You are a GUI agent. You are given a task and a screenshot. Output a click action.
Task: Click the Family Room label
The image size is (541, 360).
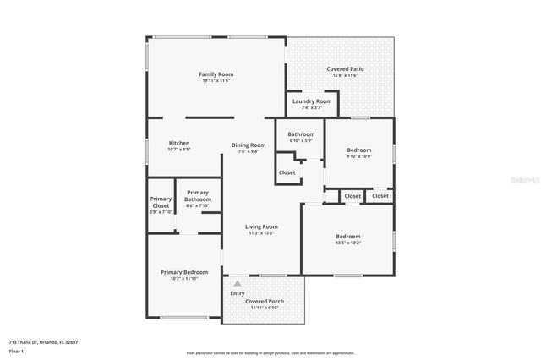[216, 74]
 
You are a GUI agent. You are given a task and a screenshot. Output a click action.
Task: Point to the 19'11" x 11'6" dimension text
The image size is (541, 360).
[216, 81]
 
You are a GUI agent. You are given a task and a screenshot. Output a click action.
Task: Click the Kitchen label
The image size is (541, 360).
[178, 143]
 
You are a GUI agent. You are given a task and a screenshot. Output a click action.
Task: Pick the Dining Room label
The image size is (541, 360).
[249, 145]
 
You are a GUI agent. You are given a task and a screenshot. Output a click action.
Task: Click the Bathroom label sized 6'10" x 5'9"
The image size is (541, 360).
[300, 134]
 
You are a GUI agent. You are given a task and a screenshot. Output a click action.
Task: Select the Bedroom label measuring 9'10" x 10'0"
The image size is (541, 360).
[358, 150]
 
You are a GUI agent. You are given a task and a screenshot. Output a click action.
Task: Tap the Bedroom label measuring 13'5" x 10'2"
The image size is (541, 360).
[347, 237]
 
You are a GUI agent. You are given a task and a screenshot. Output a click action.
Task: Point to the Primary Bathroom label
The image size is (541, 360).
[198, 195]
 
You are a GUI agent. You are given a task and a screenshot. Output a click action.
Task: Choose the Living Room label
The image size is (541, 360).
[261, 226]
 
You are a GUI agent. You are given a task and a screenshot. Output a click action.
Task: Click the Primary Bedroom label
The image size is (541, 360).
[184, 272]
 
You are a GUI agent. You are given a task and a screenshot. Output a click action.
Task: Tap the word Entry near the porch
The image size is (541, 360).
[238, 293]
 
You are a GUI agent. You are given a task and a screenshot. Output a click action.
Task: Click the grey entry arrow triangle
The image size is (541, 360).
[238, 284]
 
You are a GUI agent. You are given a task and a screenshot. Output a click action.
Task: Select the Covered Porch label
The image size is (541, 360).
[264, 301]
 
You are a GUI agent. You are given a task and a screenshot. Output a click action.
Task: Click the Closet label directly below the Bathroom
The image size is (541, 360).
[287, 172]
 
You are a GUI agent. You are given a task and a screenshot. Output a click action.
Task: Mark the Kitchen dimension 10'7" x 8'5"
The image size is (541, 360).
[178, 150]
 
